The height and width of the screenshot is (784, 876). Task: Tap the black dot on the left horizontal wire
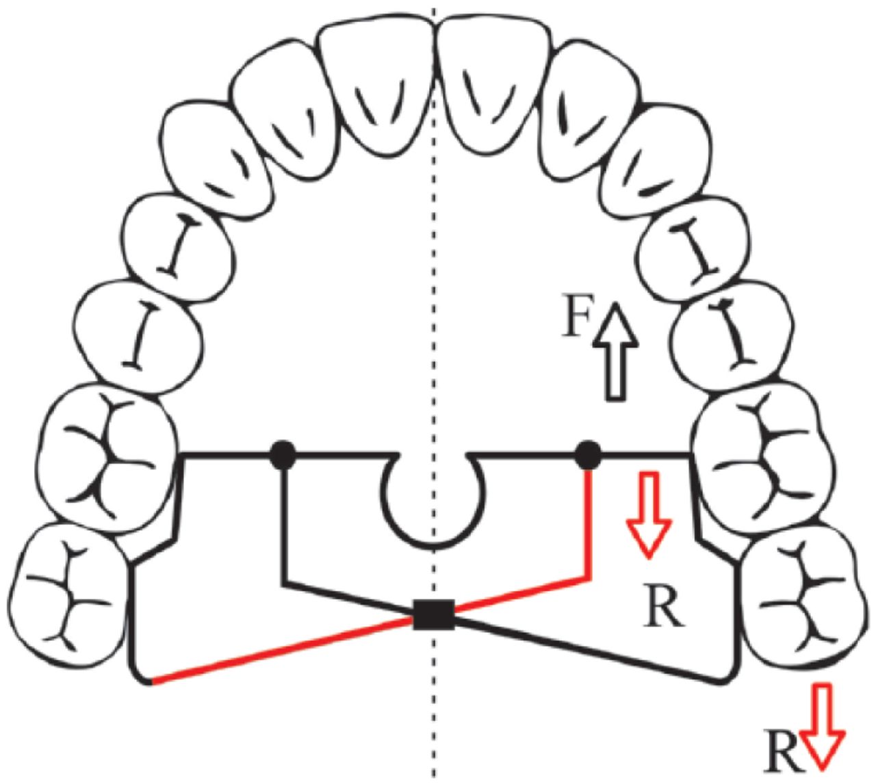pyautogui.click(x=283, y=454)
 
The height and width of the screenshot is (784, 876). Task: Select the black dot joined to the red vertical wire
pyautogui.click(x=588, y=454)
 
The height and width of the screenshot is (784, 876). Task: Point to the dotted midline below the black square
pyautogui.click(x=433, y=718)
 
